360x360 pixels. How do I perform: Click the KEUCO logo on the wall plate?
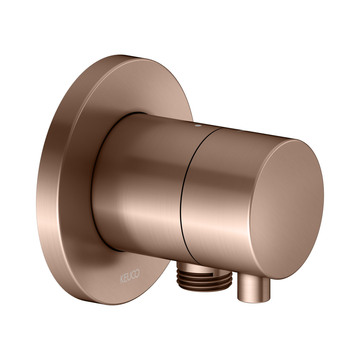[x=130, y=276]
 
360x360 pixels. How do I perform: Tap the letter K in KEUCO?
[x=122, y=279]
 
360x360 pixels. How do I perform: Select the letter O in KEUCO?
[x=137, y=273]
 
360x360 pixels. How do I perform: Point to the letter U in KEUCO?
[x=129, y=276]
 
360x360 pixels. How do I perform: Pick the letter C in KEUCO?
[x=133, y=275]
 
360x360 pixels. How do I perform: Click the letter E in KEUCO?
[x=126, y=278]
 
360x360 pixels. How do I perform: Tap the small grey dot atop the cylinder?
[x=197, y=126]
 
